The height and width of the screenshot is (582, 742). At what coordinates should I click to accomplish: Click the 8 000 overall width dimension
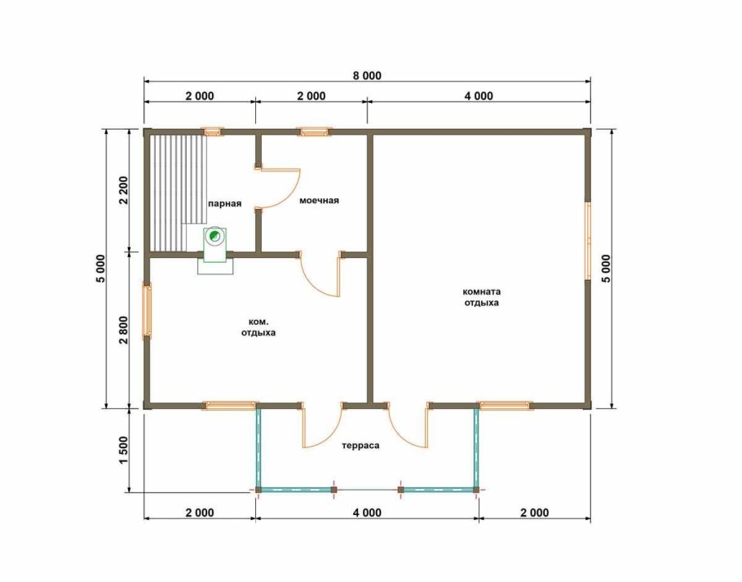pos(367,76)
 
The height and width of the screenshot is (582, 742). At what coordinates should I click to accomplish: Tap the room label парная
pos(225,203)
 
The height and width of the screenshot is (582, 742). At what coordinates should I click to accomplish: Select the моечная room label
pos(319,200)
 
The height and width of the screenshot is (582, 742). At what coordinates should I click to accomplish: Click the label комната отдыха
pos(481,297)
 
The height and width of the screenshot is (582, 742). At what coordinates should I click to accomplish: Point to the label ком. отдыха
pos(258,327)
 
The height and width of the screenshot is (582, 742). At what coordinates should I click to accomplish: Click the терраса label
pos(360,446)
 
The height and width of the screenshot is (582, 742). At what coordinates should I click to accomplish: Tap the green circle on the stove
pos(215,235)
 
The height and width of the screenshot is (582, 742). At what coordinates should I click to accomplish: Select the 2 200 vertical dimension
pos(123,190)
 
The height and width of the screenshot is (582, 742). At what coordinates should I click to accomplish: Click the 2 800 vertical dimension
pos(123,330)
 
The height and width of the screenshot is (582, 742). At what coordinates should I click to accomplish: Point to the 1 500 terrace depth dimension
pos(123,450)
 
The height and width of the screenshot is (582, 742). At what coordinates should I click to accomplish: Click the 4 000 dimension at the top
pos(479,96)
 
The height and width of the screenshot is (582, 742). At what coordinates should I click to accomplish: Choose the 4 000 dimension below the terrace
pos(367,513)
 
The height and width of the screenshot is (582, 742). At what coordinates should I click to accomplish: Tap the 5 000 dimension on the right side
pos(606,269)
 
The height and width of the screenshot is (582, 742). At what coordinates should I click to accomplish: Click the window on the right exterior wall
pos(588,241)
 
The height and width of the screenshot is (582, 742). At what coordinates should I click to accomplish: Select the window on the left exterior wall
pos(147,311)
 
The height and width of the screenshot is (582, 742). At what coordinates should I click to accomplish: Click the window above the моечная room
pos(314,131)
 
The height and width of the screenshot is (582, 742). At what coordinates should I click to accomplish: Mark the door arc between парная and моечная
pos(289,189)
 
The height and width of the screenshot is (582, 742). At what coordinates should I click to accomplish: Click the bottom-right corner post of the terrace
pos(476,490)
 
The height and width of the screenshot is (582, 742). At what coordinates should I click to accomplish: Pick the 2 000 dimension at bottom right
pos(534,513)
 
